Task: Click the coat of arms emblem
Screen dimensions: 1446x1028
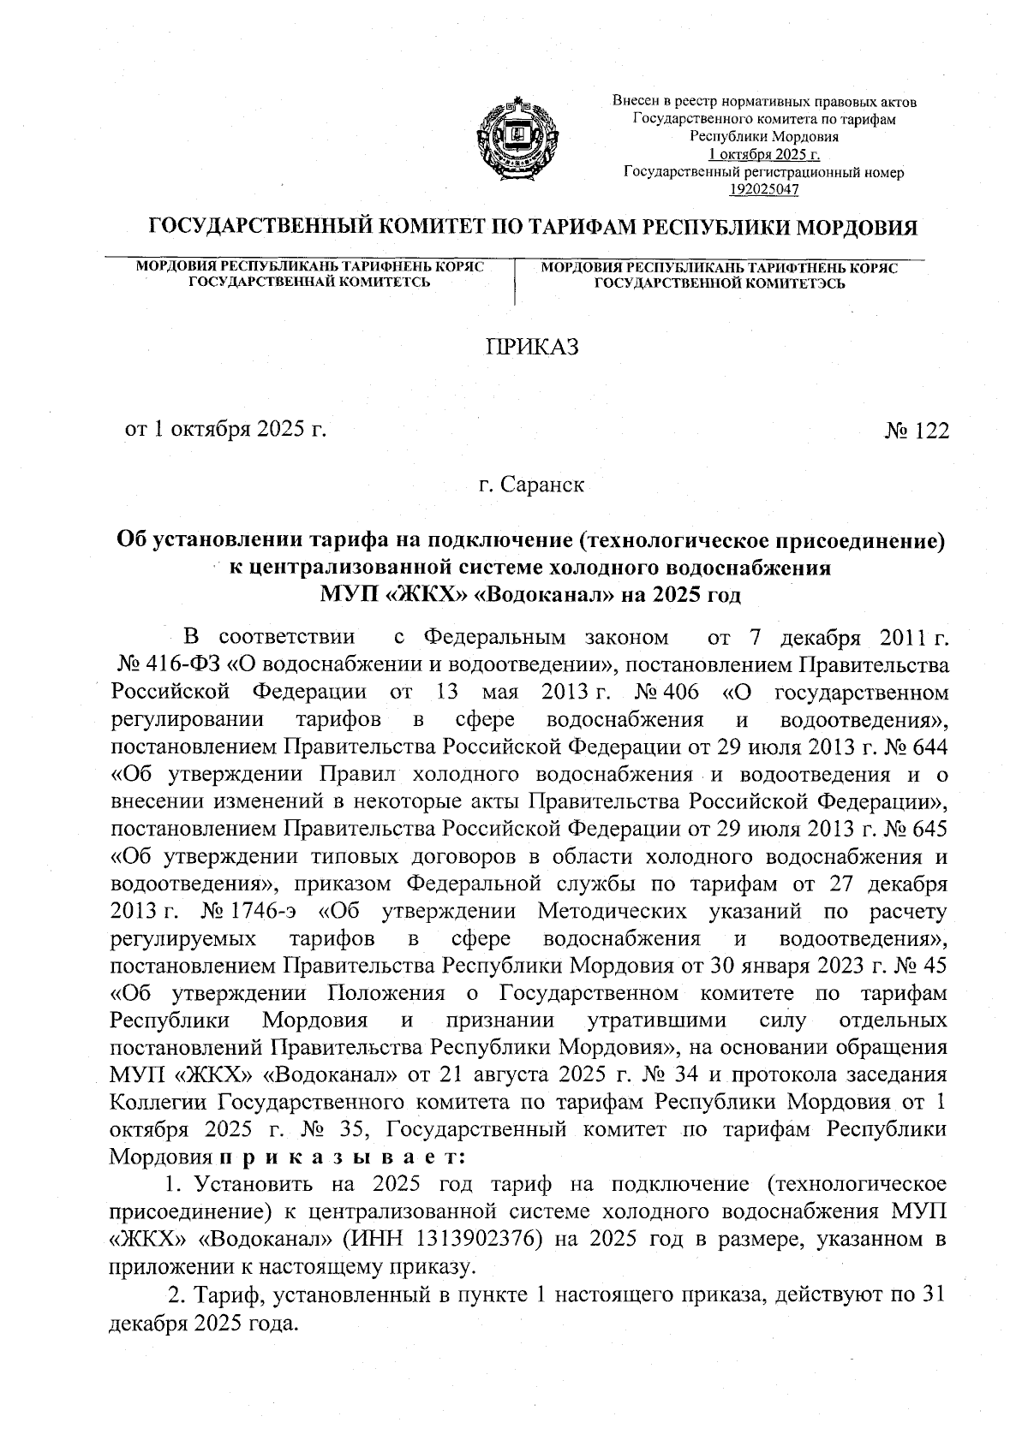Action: click(513, 140)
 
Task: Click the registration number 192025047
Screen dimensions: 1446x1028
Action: click(763, 190)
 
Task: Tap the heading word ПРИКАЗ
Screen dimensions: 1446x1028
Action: click(533, 348)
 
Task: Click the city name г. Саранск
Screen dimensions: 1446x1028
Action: click(531, 485)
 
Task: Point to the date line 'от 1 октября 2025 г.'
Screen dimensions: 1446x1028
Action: click(226, 430)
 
